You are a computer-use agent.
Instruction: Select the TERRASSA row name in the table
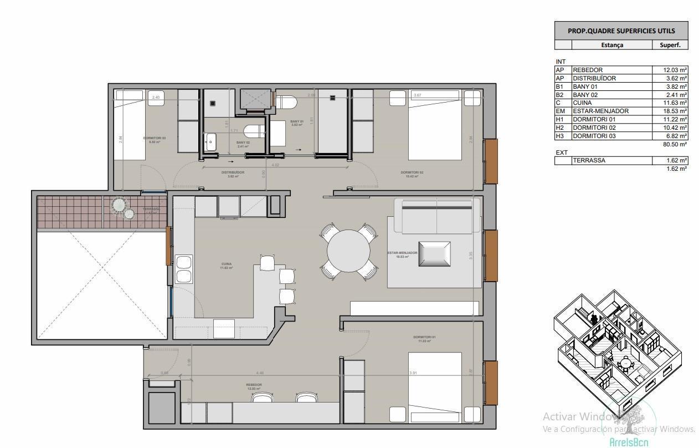click(589, 161)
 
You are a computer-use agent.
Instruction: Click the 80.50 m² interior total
click(675, 144)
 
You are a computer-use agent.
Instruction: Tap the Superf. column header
click(670, 45)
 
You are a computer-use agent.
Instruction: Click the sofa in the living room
click(436, 216)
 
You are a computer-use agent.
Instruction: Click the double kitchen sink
click(184, 269)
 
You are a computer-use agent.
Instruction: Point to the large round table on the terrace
click(119, 205)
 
